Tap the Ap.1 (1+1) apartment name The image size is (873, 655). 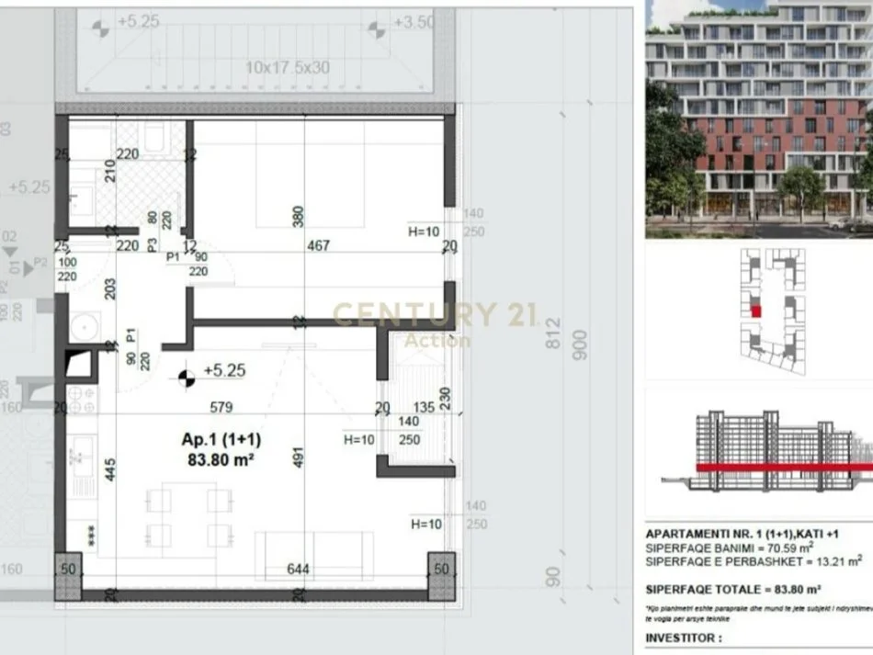click(217, 439)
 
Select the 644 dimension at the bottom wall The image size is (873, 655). click(298, 569)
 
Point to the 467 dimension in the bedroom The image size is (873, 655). click(318, 246)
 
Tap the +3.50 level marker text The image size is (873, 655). click(413, 22)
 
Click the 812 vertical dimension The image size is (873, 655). click(551, 333)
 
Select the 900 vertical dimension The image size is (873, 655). click(578, 338)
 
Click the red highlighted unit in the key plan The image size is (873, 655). click(756, 311)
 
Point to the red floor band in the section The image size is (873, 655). click(781, 468)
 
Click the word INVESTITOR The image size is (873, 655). click(683, 637)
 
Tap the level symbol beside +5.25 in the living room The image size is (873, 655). click(187, 375)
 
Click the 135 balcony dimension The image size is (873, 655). click(424, 408)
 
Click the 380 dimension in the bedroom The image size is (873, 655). click(296, 217)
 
